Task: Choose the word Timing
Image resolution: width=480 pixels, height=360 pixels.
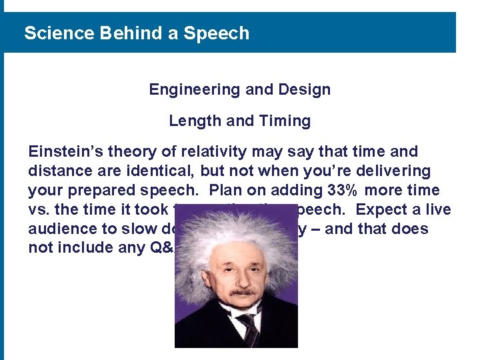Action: click(x=285, y=121)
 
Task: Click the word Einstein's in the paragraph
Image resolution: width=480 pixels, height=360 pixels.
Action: click(x=64, y=152)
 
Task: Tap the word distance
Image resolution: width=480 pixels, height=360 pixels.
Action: click(x=59, y=171)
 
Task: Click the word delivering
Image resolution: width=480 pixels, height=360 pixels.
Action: click(x=395, y=171)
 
